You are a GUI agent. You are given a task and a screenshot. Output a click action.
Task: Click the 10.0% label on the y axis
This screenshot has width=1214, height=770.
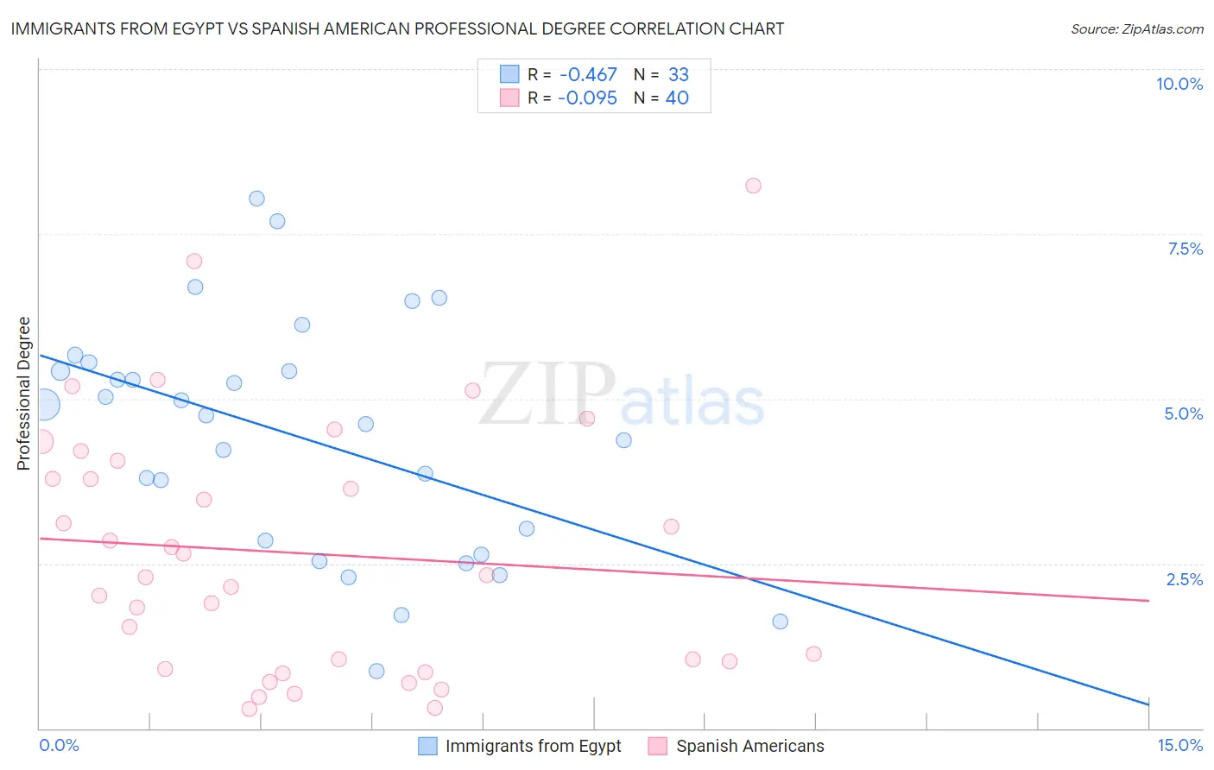tap(1179, 84)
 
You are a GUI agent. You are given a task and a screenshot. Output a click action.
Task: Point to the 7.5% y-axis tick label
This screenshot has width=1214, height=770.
tap(1185, 249)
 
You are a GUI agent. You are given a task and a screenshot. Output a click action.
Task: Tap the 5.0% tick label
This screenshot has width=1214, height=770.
tap(1183, 413)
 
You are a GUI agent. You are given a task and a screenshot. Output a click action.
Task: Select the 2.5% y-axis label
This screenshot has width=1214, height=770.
tap(1184, 579)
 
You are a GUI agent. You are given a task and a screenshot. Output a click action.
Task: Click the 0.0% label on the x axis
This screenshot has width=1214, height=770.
tap(59, 745)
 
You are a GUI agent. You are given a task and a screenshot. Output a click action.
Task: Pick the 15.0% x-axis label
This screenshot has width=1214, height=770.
tap(1179, 745)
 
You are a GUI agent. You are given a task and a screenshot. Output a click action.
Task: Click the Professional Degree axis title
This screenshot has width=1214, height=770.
tap(24, 394)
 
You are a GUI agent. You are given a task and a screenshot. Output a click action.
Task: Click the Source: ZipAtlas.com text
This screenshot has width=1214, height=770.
tap(1136, 29)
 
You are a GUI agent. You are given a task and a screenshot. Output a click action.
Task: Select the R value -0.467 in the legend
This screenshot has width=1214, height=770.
tap(588, 75)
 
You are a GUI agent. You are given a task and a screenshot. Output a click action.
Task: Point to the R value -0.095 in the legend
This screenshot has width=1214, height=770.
tap(588, 98)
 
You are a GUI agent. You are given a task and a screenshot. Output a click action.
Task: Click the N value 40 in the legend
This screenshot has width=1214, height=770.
tap(677, 98)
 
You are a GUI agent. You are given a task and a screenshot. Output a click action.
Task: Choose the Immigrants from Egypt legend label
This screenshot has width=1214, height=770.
tap(533, 746)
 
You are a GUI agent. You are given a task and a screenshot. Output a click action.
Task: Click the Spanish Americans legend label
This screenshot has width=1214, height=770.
tap(749, 746)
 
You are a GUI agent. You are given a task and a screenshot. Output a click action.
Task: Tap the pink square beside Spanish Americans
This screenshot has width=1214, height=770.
tap(658, 746)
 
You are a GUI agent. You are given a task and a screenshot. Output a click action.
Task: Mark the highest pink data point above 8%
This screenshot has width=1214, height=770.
tap(753, 186)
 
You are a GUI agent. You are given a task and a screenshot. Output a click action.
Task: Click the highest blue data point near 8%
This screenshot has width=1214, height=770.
tap(256, 199)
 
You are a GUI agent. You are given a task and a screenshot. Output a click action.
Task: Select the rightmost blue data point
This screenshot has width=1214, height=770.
tap(780, 622)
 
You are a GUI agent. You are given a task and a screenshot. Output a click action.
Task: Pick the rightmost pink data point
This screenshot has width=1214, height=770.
tap(813, 653)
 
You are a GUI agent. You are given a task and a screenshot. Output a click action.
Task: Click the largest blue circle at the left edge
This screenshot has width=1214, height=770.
tap(44, 404)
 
